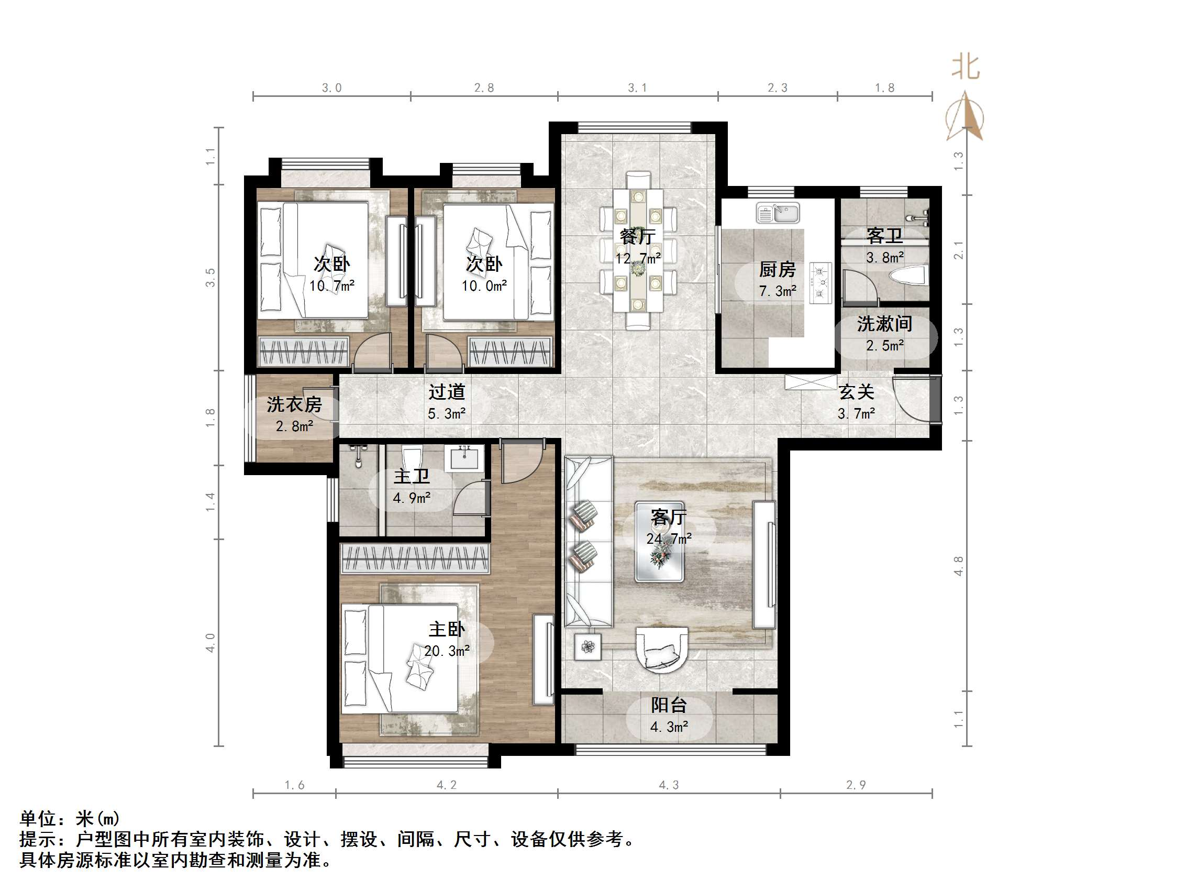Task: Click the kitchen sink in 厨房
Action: point(778,213)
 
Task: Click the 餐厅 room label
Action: point(637,236)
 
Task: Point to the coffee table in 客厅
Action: point(659,541)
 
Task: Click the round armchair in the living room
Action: point(661,649)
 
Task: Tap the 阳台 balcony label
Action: point(669,706)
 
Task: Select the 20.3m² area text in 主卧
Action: point(447,651)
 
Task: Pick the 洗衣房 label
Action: point(294,404)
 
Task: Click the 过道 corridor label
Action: point(446,392)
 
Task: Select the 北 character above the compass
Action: point(966,68)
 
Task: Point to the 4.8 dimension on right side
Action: point(959,566)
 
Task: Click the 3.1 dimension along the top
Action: point(637,88)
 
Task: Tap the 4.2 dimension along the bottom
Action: point(446,785)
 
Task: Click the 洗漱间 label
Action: point(884,324)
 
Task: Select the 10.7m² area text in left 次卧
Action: point(332,287)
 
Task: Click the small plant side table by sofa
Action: point(588,647)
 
